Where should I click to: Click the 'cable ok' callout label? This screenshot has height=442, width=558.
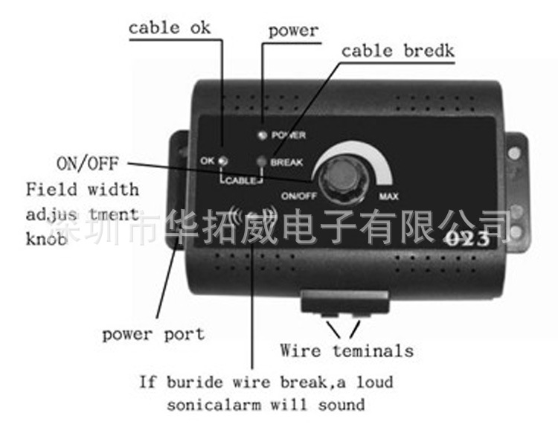tap(170, 28)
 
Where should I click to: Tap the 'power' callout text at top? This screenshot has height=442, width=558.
tap(293, 31)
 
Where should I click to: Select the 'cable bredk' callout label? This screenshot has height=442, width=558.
tap(397, 51)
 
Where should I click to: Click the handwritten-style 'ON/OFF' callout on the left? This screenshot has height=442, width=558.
tap(88, 164)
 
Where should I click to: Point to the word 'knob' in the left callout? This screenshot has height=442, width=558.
tap(47, 239)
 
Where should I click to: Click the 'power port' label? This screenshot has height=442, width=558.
tap(153, 335)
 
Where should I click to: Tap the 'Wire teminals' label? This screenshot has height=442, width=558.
tap(347, 350)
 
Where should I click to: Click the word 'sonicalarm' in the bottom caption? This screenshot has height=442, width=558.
tap(214, 405)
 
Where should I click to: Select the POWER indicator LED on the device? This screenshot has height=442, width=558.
tap(263, 135)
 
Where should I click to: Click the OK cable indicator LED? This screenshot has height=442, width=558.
tap(223, 161)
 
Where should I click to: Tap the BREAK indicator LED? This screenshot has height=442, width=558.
tap(262, 161)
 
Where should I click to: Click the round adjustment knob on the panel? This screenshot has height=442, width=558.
tap(341, 179)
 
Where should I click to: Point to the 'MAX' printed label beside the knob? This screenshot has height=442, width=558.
tap(388, 196)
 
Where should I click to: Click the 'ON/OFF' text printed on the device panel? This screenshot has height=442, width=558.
tap(299, 196)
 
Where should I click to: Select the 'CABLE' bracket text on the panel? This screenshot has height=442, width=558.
tap(240, 180)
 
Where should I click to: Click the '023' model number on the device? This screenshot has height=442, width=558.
tap(468, 239)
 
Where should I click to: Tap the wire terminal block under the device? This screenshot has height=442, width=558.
tap(344, 303)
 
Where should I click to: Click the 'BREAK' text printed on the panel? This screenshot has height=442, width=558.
tap(286, 163)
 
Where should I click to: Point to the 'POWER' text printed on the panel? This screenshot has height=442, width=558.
tap(289, 135)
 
